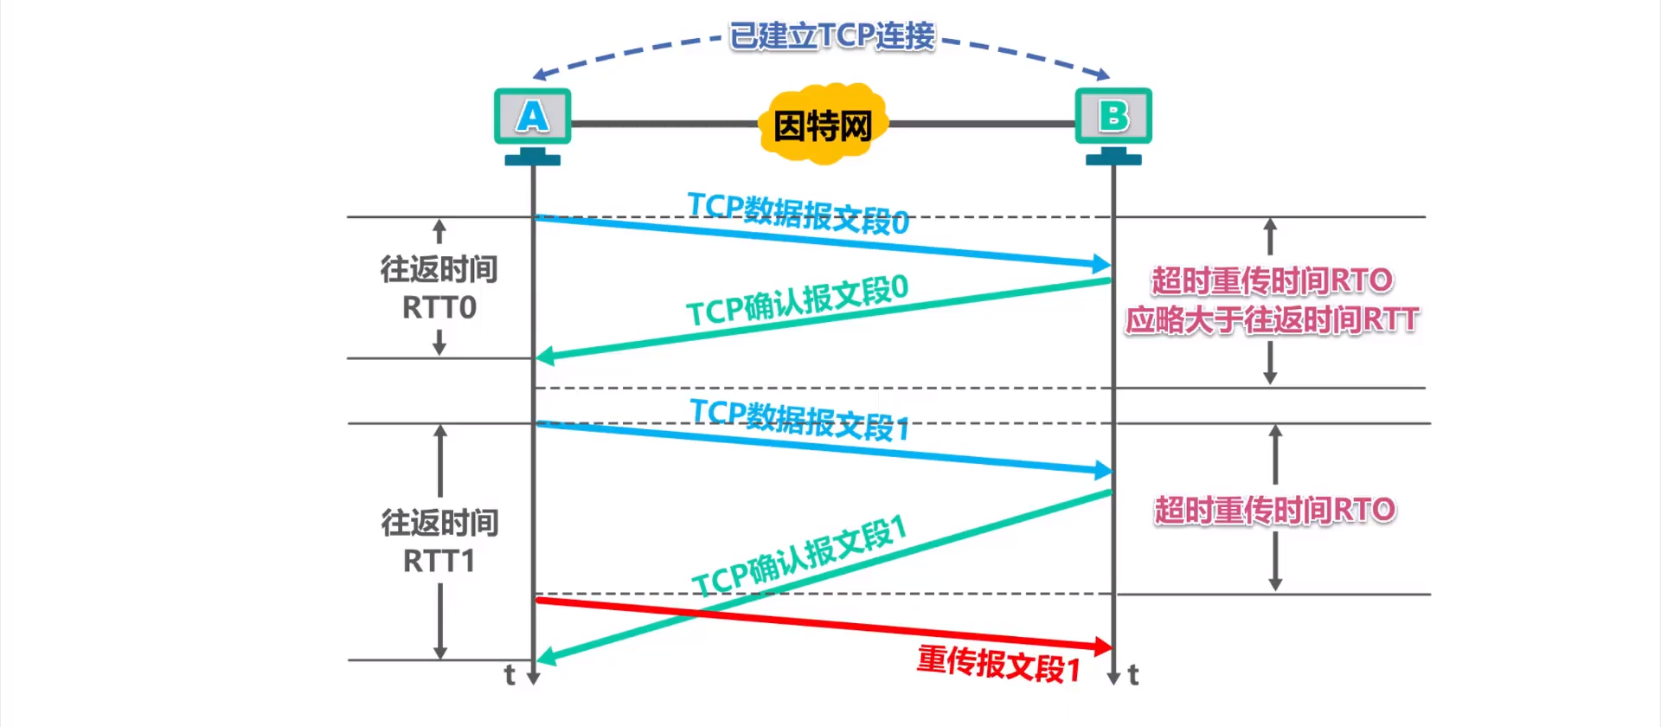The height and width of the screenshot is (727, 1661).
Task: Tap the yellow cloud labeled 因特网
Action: [823, 125]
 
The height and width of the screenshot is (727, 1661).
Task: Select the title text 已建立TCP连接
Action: [831, 36]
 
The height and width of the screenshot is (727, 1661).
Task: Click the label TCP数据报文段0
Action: [798, 213]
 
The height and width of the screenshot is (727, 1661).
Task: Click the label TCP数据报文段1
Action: [799, 420]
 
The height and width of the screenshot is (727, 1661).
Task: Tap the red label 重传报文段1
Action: [998, 665]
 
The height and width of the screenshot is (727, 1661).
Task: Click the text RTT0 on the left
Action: [439, 308]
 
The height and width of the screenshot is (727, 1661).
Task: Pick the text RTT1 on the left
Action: [439, 562]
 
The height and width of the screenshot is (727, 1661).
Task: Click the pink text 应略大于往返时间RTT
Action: [1271, 320]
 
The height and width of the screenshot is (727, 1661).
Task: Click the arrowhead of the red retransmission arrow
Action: [1103, 646]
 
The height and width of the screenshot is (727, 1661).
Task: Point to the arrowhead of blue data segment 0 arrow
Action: [1102, 263]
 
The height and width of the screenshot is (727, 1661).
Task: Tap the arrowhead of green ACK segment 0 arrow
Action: [544, 357]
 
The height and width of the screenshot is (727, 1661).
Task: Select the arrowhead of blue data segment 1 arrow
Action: [1103, 470]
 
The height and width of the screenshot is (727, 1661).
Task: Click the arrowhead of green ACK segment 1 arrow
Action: [546, 659]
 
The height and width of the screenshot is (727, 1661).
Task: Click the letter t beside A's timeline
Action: [510, 674]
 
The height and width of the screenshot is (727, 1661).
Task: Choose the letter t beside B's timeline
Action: [1133, 674]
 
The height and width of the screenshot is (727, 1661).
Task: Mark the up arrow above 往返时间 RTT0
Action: [439, 231]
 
